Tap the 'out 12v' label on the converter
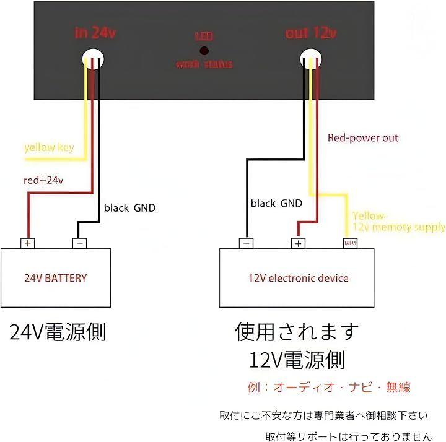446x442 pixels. (x=311, y=33)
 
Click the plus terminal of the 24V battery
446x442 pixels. (x=27, y=243)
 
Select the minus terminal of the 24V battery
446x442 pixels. (x=79, y=243)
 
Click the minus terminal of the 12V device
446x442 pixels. (x=247, y=243)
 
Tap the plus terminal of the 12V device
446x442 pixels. (x=299, y=243)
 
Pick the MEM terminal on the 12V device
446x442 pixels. (x=351, y=243)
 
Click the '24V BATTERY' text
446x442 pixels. (x=56, y=278)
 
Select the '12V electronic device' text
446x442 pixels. (x=297, y=278)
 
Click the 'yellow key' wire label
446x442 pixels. (x=49, y=147)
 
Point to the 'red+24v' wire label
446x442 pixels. (x=43, y=180)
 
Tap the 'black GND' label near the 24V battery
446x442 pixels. (x=129, y=208)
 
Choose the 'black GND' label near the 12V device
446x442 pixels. (x=276, y=203)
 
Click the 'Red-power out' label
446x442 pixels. (x=363, y=138)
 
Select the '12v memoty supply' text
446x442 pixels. (x=399, y=227)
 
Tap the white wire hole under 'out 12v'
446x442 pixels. (x=310, y=59)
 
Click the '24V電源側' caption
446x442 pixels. (x=58, y=332)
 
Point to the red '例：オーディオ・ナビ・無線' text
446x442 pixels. (x=329, y=388)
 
